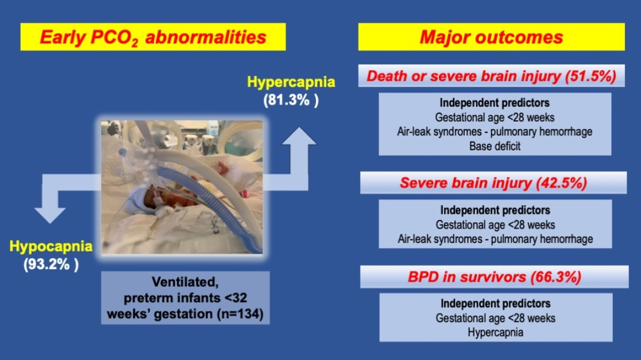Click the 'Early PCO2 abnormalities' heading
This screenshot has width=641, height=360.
tap(153, 37)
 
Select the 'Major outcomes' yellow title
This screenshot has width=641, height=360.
tap(492, 37)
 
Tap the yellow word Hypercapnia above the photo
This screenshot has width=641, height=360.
tap(291, 82)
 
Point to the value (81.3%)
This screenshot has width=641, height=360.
tap(291, 100)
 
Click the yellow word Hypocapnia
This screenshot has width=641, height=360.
tap(51, 246)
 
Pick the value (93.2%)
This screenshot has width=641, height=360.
tap(51, 264)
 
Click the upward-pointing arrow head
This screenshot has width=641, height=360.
tap(299, 136)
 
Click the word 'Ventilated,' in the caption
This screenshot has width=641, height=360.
tap(185, 282)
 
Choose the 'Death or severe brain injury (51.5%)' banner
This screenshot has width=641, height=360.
tap(492, 76)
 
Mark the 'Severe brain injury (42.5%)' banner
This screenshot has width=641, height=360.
tap(493, 183)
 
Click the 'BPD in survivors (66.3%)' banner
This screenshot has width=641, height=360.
tap(494, 277)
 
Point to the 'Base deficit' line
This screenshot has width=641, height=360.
tap(495, 146)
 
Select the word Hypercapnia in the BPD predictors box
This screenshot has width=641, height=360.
tap(496, 332)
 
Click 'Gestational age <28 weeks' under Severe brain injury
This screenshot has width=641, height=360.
tap(495, 224)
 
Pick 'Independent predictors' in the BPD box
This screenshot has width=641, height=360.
tap(496, 304)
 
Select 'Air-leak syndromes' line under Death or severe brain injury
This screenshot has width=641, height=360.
tap(495, 131)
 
